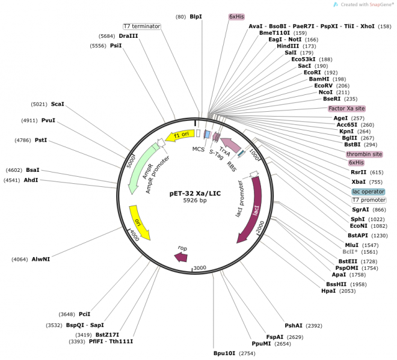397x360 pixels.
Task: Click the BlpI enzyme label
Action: tap(196, 17)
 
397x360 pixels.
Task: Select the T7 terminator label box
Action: tap(142, 26)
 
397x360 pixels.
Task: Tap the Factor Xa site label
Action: tap(347, 109)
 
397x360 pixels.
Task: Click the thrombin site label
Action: tap(364, 154)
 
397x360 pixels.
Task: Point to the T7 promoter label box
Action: tap(369, 200)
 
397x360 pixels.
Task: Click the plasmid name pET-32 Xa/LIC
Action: tap(195, 193)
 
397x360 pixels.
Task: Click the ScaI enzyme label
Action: tap(58, 104)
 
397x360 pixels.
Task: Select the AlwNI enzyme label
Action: tap(40, 260)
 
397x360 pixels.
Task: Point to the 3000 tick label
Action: tap(198, 268)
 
